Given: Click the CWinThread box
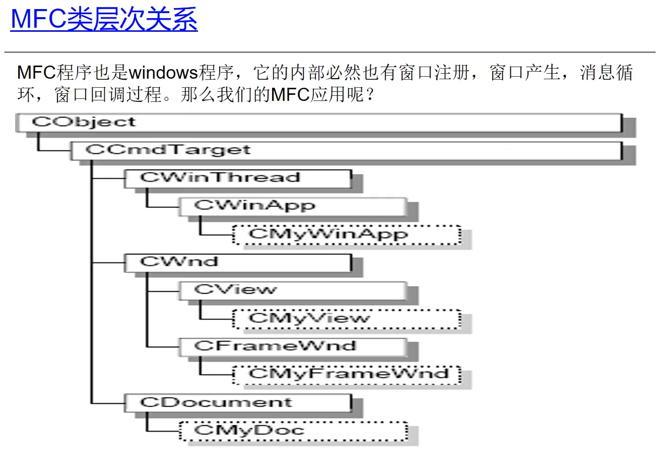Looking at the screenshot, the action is [x=237, y=178].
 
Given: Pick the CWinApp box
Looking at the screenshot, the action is [x=292, y=206].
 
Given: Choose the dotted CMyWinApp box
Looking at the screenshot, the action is [x=347, y=234].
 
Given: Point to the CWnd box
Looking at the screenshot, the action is [x=237, y=262].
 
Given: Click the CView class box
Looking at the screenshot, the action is [x=292, y=290].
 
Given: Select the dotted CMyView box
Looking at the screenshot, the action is [x=347, y=318].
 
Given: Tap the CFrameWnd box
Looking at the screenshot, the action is [x=292, y=347].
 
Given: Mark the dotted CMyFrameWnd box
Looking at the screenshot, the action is [x=347, y=374].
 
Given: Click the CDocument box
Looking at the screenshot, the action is [x=237, y=403].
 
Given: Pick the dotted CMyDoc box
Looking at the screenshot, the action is [x=293, y=430].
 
